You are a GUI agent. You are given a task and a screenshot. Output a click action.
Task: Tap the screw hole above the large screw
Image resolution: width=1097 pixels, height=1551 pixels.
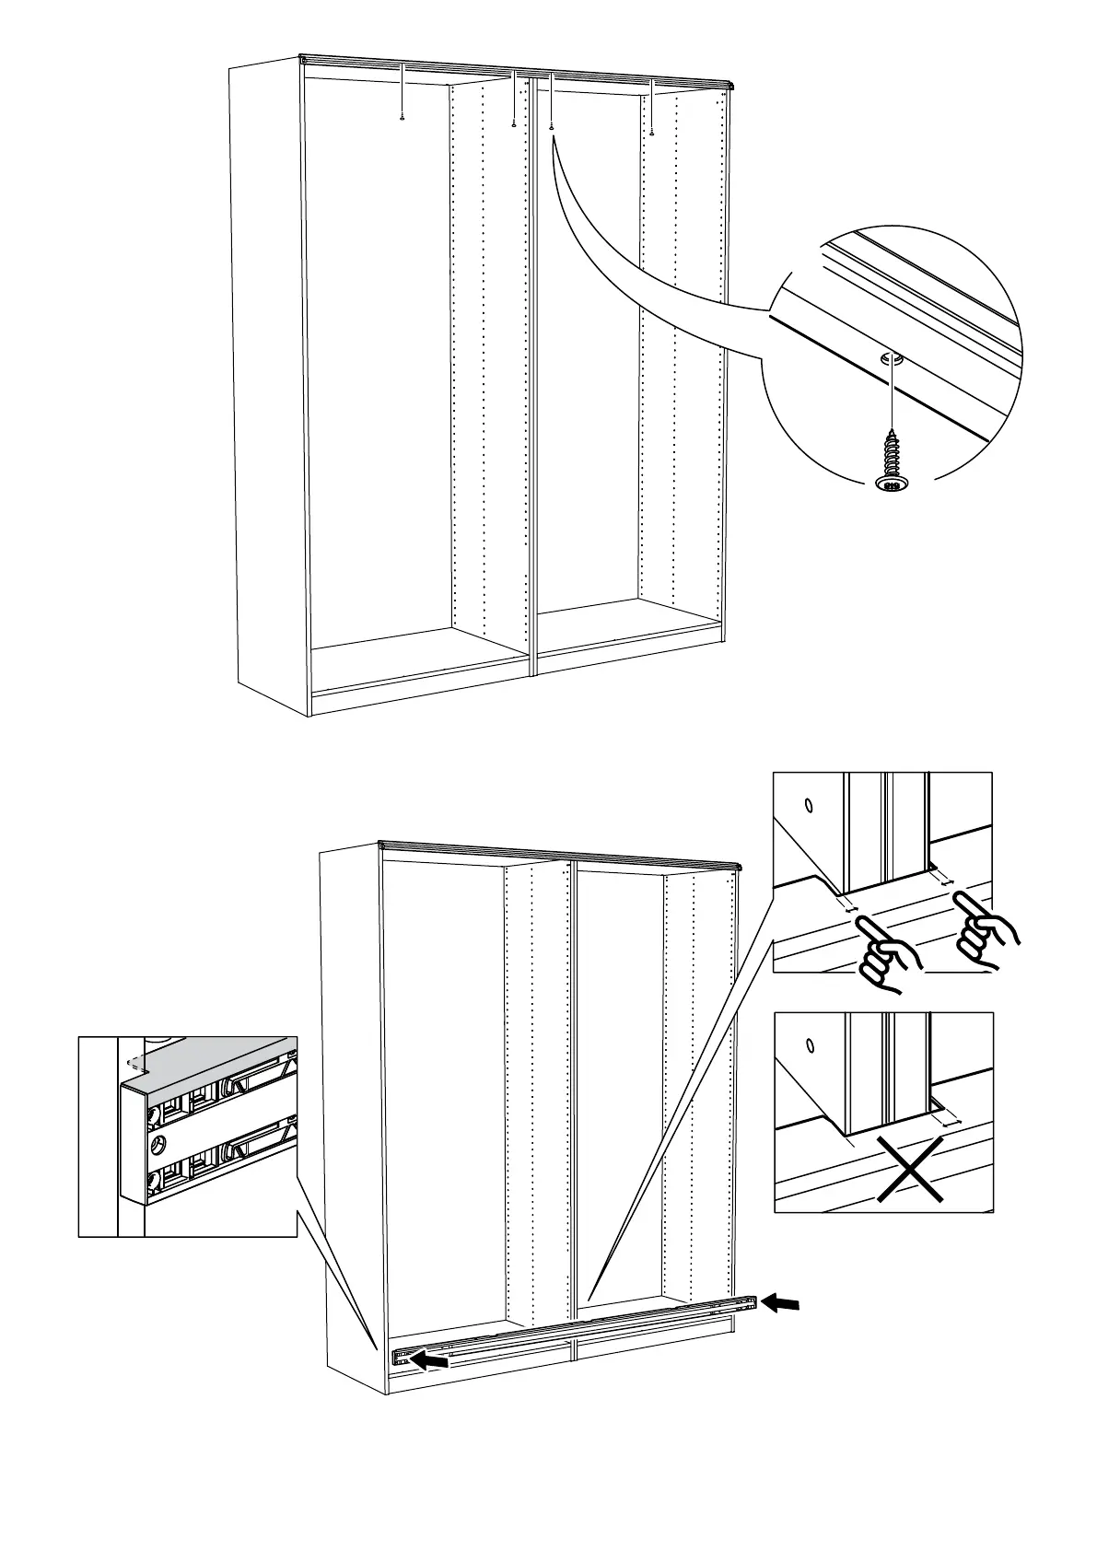890,360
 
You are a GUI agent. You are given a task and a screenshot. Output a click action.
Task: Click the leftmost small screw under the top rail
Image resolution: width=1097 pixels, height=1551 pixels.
403,117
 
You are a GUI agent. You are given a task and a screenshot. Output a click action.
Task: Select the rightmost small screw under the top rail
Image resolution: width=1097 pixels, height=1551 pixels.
652,132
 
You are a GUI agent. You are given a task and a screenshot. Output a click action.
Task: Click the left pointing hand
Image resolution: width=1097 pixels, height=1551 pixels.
886,958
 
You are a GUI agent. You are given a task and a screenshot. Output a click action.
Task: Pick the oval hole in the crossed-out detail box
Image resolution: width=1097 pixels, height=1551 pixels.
810,1045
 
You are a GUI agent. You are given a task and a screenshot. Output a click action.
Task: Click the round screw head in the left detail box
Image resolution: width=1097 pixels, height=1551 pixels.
158,1145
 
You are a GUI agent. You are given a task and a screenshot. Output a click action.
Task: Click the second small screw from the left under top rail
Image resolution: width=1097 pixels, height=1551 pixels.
513,124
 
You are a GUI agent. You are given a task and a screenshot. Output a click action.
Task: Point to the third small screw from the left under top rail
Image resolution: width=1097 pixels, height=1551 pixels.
551,127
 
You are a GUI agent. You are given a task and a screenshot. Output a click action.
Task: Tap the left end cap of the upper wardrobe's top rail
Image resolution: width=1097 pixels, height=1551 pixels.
303,60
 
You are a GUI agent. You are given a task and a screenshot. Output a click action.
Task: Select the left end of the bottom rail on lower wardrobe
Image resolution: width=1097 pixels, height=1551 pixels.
401,1358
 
